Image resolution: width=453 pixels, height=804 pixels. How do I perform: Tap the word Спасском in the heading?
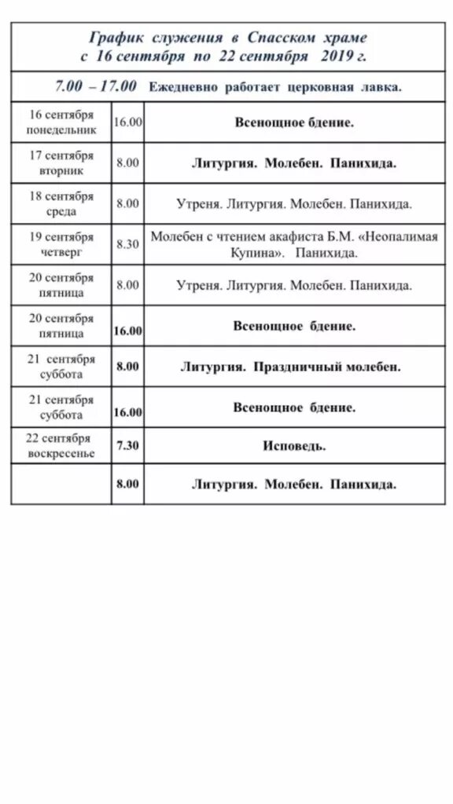point(278,37)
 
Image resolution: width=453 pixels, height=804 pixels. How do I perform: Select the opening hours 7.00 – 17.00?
point(95,86)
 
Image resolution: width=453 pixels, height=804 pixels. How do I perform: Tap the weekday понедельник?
point(61,130)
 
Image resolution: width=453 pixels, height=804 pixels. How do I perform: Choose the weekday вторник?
point(61,170)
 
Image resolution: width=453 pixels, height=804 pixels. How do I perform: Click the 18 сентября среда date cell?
point(61,203)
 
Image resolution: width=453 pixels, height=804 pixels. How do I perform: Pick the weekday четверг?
point(61,252)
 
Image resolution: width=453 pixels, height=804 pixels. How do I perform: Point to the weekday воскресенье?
point(61,452)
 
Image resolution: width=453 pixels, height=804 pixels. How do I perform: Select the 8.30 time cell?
point(127,244)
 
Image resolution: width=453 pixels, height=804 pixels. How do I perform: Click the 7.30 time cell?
point(127,445)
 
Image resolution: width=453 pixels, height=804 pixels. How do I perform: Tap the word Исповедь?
point(294,446)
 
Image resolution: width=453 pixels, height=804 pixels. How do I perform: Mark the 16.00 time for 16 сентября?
point(127,122)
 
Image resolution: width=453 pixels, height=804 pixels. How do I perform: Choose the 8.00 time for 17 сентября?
point(127,163)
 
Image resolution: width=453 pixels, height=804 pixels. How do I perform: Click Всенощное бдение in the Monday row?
point(294,122)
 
